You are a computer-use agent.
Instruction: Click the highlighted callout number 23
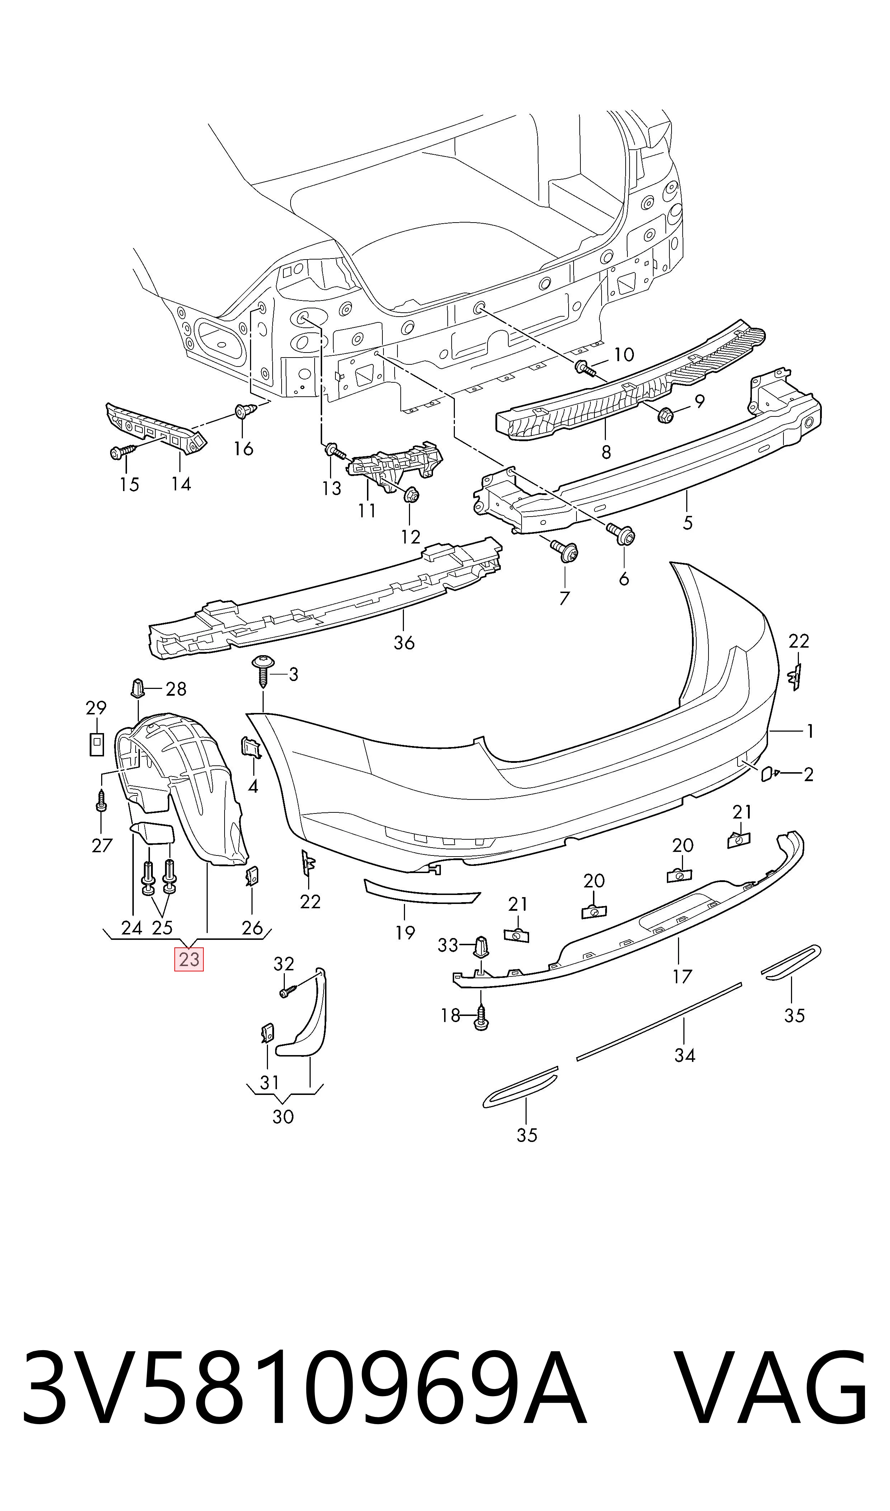tap(189, 959)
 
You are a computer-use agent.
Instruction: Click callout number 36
tap(404, 643)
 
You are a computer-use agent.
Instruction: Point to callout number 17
tap(682, 977)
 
